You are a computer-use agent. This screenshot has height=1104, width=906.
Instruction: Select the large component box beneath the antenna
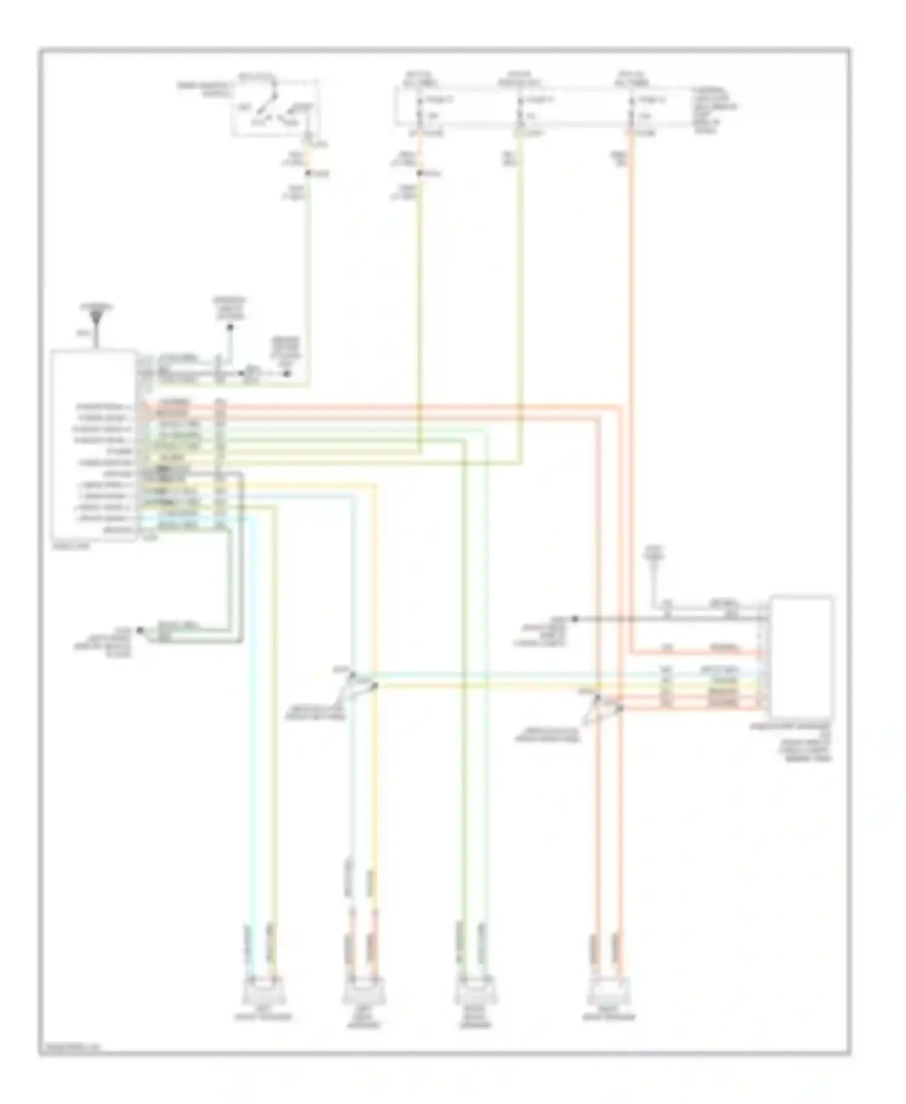click(94, 446)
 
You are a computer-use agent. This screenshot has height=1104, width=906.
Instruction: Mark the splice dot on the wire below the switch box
click(307, 174)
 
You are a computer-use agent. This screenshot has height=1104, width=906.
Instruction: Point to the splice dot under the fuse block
click(419, 174)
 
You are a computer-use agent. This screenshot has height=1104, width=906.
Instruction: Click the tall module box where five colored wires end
click(801, 655)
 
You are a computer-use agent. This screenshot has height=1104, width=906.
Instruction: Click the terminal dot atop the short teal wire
click(230, 328)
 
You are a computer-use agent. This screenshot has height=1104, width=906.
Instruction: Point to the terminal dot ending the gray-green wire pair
click(140, 630)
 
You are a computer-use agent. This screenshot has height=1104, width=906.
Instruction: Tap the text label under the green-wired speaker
click(474, 1021)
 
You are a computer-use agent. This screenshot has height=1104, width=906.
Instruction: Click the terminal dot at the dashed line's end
click(288, 374)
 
